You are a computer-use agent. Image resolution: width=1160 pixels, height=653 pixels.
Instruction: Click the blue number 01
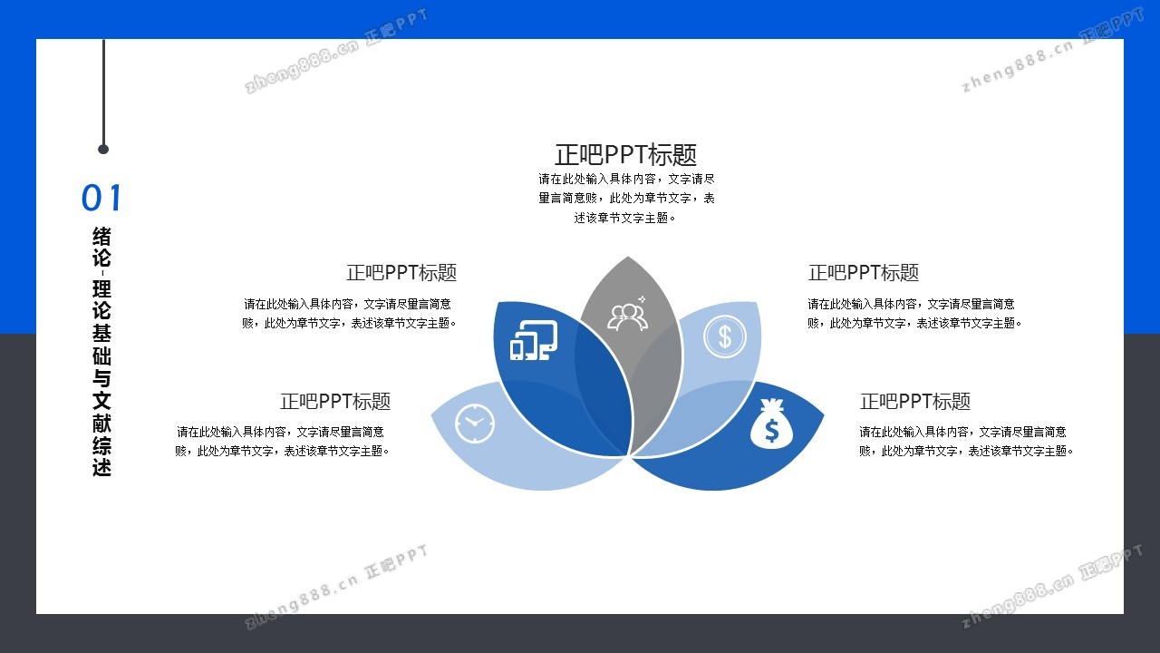point(101,198)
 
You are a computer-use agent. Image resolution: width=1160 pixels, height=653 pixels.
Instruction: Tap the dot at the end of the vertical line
point(103,150)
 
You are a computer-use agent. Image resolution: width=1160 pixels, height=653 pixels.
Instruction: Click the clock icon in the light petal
point(474,424)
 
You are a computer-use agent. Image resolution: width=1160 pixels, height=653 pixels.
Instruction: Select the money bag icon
point(771,424)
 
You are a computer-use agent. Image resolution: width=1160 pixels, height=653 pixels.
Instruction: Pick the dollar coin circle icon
point(725,336)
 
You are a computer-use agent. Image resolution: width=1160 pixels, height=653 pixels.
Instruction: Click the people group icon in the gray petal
point(628,314)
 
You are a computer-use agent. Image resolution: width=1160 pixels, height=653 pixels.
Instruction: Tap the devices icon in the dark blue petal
point(534,340)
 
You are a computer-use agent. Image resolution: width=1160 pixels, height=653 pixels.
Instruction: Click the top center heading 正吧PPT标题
point(625,154)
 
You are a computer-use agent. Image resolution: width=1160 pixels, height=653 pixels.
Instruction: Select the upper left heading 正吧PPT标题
point(401,273)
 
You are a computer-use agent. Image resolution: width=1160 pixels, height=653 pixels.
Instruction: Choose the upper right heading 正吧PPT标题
point(864,273)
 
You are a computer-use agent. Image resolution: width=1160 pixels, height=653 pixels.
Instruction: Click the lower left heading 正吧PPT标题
point(335,401)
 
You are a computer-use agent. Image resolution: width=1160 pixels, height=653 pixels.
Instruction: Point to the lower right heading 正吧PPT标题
point(915,401)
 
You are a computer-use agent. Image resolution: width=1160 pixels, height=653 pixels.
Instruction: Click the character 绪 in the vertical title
point(101,237)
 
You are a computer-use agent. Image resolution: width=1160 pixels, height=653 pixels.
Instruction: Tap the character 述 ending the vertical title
point(101,466)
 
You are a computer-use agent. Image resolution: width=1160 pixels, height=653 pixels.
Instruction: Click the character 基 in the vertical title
point(101,333)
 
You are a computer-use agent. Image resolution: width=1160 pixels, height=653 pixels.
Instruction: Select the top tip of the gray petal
point(628,257)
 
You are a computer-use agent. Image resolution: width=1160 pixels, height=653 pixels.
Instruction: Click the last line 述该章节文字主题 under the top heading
point(625,219)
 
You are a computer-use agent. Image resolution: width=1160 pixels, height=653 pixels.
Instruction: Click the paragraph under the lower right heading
point(966,441)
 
